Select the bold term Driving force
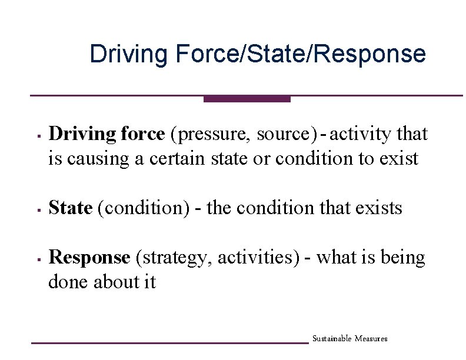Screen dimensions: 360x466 106,134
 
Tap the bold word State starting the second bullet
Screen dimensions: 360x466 71,208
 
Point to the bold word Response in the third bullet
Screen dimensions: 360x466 89,258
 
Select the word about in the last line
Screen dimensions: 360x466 118,282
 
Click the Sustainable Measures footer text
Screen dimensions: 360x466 349,339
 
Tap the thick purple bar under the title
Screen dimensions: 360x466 247,99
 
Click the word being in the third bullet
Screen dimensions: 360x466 404,258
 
